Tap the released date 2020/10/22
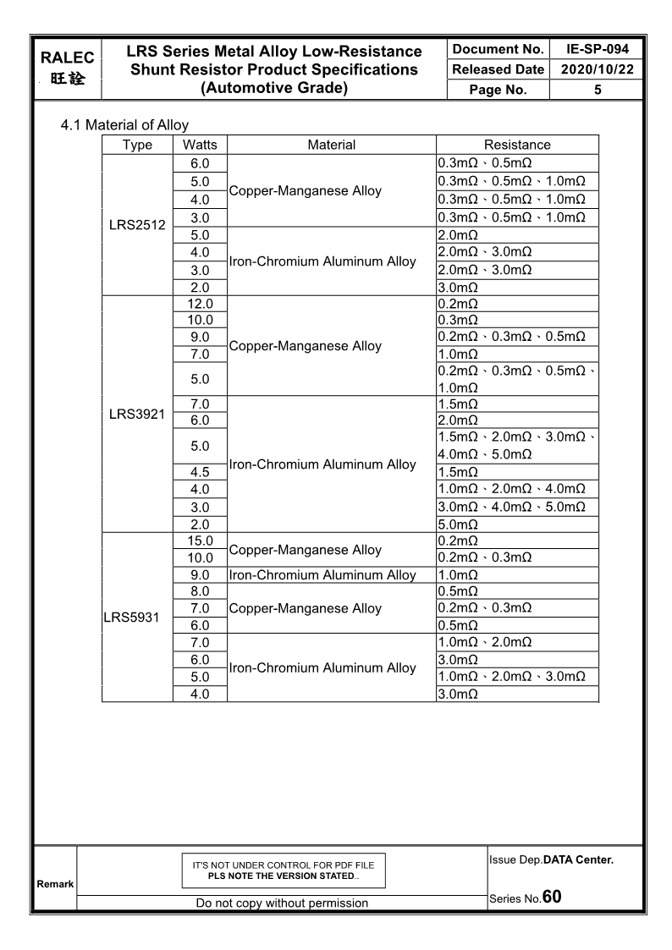click(x=597, y=69)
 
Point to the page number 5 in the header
click(x=597, y=90)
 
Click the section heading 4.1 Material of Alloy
click(x=124, y=125)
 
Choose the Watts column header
click(x=200, y=145)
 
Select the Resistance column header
click(x=516, y=145)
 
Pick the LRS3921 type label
click(x=137, y=414)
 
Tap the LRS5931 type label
click(x=131, y=618)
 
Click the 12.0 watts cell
click(x=200, y=304)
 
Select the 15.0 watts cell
click(x=200, y=541)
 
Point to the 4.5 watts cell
click(x=200, y=472)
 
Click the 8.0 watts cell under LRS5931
click(x=200, y=591)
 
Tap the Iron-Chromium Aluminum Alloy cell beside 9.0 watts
click(x=322, y=575)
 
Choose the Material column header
click(x=332, y=145)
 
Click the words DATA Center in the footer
click(x=578, y=860)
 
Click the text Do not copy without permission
click(x=282, y=903)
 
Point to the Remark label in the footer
click(x=53, y=884)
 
